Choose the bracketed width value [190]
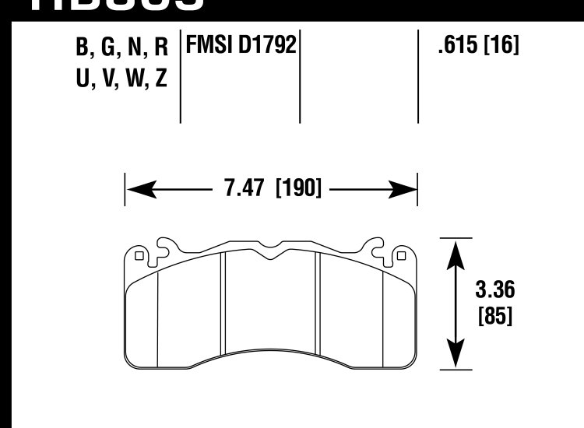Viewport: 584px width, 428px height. (299, 188)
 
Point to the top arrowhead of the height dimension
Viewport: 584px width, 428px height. (456, 249)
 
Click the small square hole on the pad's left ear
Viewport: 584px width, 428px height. (139, 254)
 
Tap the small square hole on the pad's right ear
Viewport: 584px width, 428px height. (402, 254)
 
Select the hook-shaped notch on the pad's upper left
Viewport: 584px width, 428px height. (165, 247)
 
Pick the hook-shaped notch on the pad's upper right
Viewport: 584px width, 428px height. (377, 247)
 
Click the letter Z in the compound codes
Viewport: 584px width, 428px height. (160, 79)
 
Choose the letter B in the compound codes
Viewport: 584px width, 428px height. (83, 47)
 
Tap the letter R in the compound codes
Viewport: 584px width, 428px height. (160, 47)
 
